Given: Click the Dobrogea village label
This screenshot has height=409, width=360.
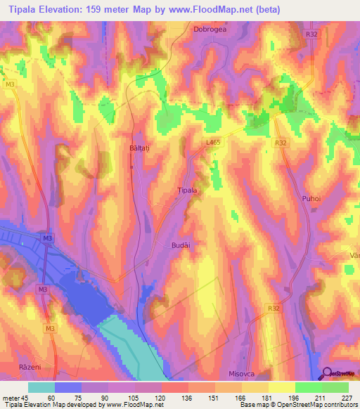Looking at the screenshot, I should (210, 30).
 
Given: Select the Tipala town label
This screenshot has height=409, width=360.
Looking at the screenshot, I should (186, 190).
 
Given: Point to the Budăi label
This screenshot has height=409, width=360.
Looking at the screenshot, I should (181, 244).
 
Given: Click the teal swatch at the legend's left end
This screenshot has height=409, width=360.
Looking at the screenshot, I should (41, 387).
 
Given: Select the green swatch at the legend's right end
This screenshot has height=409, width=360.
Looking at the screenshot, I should (335, 387).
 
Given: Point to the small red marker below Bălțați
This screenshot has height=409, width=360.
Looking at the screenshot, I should (131, 167).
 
